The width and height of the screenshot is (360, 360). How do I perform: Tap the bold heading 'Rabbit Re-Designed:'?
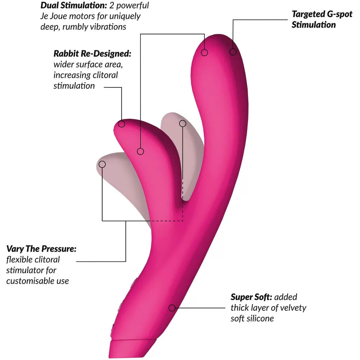click(92, 54)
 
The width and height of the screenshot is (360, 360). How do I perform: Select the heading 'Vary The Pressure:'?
click(41, 249)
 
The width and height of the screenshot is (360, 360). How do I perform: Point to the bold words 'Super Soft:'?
click(251, 297)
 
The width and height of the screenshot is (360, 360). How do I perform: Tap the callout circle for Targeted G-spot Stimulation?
click(233, 52)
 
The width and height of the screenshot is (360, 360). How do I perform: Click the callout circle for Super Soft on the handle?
click(172, 308)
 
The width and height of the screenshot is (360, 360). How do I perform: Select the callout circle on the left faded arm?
click(102, 164)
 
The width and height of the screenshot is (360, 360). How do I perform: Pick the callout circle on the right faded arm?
click(183, 124)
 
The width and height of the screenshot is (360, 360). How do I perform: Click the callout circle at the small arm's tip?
click(122, 124)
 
